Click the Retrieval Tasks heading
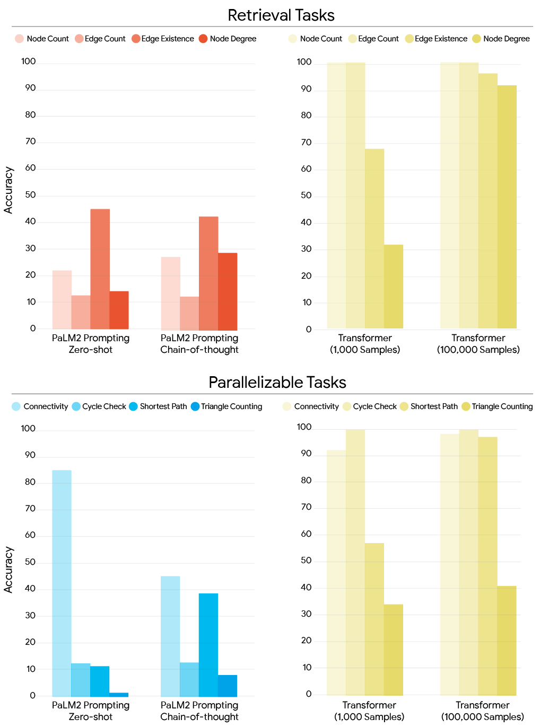tap(281, 15)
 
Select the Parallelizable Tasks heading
tap(277, 383)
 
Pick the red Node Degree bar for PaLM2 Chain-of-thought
tap(228, 291)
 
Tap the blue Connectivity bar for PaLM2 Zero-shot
tap(62, 583)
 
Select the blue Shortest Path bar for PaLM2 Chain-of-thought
tap(208, 645)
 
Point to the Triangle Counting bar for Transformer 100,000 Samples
tap(507, 641)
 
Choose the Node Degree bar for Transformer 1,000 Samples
tap(393, 287)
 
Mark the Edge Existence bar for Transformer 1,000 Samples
tap(374, 238)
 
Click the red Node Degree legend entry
tap(228, 39)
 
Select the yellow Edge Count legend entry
tap(373, 39)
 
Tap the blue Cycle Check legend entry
tap(99, 406)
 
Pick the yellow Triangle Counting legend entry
tap(497, 406)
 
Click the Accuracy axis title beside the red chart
tap(8, 190)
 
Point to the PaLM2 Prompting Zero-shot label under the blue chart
tap(91, 711)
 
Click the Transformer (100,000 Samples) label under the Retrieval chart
tap(478, 344)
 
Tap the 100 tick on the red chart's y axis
tap(29, 61)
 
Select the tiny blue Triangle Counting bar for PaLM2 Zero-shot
tap(119, 695)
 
